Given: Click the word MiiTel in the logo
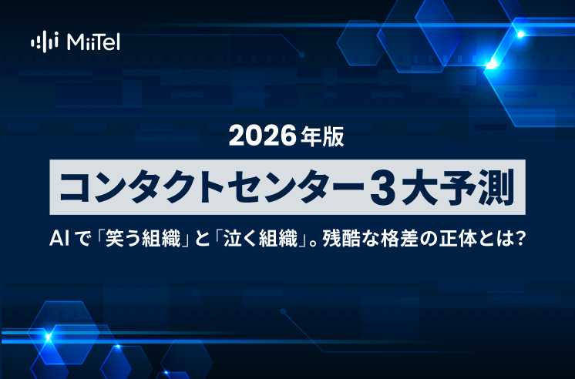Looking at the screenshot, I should tap(93, 40).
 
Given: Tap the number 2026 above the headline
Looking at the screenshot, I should tap(263, 136).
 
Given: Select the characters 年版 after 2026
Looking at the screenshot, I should tap(322, 136).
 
